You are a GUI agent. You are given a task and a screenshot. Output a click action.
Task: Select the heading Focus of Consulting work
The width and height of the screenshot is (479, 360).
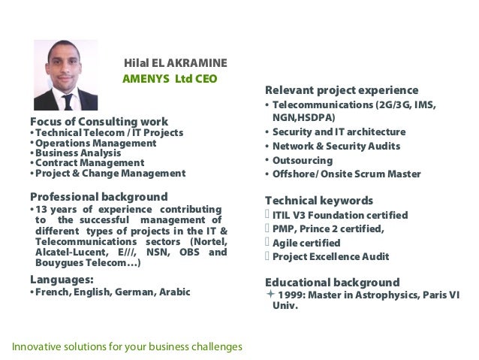tap(98, 122)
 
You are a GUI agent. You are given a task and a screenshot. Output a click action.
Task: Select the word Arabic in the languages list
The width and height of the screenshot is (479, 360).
tap(173, 292)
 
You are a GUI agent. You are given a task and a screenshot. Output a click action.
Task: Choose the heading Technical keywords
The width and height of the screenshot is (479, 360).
tap(319, 201)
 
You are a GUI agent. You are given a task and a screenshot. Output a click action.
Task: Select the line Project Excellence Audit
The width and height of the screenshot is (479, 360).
tap(330, 256)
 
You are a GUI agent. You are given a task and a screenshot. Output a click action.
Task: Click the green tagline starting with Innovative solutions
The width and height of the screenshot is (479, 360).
tap(126, 346)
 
